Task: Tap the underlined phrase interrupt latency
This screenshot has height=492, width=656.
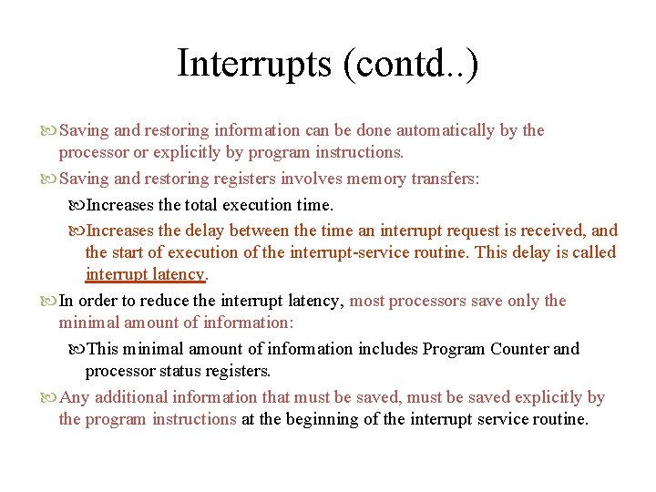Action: point(146,274)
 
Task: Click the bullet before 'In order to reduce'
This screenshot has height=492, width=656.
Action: point(49,301)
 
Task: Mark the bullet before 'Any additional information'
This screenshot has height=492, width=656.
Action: point(49,397)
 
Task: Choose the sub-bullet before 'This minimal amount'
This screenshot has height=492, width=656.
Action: point(76,349)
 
